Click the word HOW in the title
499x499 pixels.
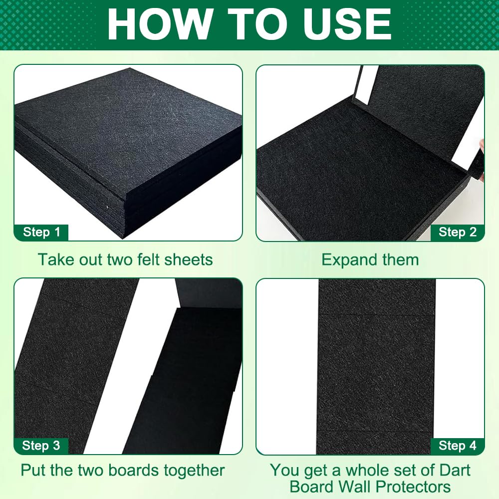[160, 24]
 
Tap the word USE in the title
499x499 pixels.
[347, 24]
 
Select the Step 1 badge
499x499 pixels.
[41, 233]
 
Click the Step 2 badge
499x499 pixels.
[458, 233]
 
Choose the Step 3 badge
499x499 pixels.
[41, 446]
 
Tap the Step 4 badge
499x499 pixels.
[458, 446]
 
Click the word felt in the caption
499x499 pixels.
[148, 259]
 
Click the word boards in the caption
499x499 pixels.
[134, 471]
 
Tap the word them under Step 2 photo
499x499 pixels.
[400, 259]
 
